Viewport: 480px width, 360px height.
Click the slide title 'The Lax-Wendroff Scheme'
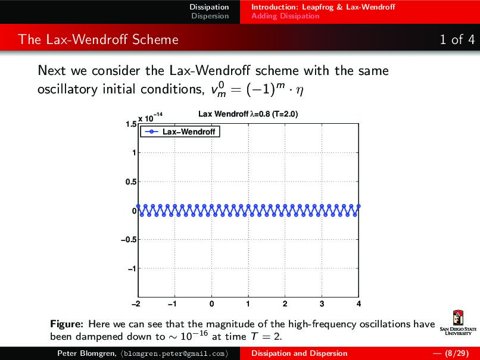(98, 40)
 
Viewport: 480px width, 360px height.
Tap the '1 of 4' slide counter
(457, 40)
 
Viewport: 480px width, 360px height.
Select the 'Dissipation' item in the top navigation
(209, 7)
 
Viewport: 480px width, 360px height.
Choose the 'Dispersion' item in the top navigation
(210, 16)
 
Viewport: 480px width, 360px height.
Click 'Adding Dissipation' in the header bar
(285, 16)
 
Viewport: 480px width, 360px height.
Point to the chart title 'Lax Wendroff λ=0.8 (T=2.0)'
(248, 114)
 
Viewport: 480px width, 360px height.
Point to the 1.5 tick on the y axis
(130, 124)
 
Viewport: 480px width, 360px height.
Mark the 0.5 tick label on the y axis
(130, 182)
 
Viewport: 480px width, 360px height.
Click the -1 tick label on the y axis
(130, 269)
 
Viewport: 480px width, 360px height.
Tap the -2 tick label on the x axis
(137, 304)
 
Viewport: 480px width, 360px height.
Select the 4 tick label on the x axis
(359, 304)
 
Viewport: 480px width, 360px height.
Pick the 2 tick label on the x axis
(285, 304)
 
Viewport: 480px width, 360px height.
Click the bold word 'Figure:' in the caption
(66, 324)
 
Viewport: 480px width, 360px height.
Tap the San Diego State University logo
(457, 324)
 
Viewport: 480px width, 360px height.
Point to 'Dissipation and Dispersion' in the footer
(299, 353)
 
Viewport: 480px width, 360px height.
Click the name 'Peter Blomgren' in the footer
(82, 353)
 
